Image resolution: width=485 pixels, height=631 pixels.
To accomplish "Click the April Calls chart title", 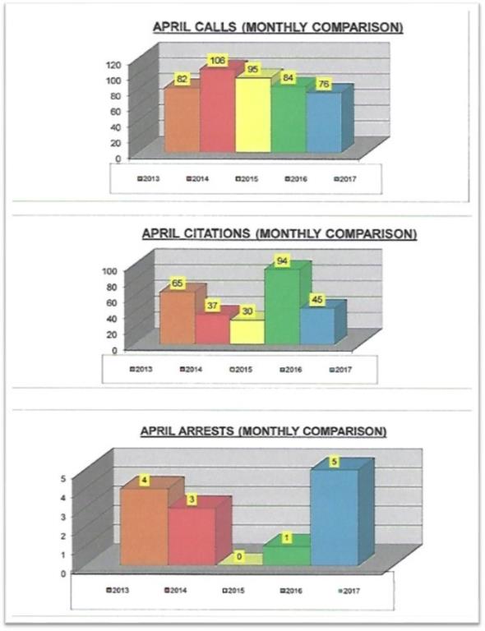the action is [278, 27].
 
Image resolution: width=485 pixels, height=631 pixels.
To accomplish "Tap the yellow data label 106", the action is [218, 60].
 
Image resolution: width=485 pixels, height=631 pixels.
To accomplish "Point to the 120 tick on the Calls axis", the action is [113, 64].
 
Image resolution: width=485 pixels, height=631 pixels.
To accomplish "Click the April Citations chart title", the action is [279, 234].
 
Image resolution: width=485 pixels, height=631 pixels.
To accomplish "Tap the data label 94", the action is [282, 261].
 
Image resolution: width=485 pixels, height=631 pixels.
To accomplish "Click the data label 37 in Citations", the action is [212, 306].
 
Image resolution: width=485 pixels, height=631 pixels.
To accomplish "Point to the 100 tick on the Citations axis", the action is [109, 271].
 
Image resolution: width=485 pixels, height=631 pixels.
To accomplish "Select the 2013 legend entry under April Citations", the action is [141, 369].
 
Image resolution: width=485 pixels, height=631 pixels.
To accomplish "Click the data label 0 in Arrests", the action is [239, 557].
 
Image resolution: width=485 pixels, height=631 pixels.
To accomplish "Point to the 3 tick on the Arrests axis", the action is [62, 516].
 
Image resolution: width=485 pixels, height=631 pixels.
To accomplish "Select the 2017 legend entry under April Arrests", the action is [349, 591].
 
